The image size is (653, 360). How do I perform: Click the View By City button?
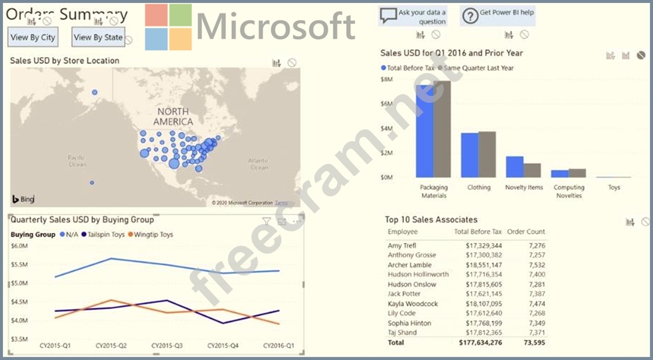(33, 37)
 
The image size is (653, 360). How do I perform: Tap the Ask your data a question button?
(412, 16)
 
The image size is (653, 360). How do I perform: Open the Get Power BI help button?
(498, 16)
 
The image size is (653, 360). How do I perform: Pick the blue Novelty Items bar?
(515, 167)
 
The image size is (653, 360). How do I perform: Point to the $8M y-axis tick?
(386, 79)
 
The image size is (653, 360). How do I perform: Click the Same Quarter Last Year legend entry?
(478, 68)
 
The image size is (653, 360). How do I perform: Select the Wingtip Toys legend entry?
(153, 234)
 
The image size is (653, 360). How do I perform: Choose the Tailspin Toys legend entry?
(105, 234)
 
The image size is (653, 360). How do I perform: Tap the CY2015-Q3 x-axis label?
(169, 345)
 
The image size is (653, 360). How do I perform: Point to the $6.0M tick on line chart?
(19, 246)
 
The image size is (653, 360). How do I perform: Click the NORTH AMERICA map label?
(173, 116)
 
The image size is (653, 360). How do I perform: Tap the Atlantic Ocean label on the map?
(259, 164)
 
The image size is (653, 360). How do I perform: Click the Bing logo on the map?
(23, 199)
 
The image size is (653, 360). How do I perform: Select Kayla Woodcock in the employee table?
(412, 304)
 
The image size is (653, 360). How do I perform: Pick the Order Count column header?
(526, 232)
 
